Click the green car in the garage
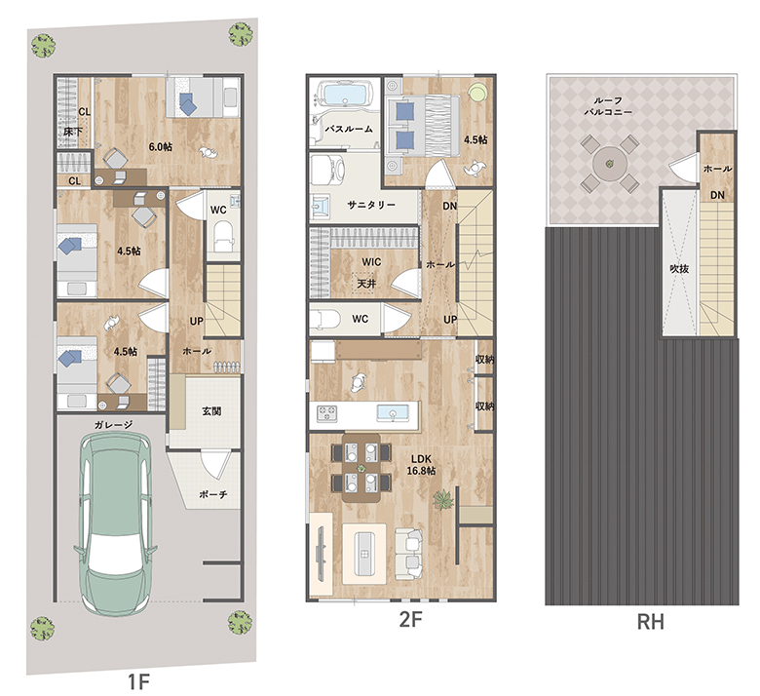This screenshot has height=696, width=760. (115, 522)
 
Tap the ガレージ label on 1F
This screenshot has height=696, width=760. (113, 425)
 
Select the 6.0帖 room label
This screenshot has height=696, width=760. (161, 146)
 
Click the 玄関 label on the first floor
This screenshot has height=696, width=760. (211, 411)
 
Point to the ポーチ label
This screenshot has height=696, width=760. (213, 494)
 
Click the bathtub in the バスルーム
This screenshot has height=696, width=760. (344, 94)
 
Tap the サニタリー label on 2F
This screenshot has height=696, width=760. (371, 205)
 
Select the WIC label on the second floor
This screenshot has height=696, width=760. (371, 262)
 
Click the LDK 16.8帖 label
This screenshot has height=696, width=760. (421, 465)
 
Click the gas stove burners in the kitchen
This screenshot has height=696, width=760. (327, 413)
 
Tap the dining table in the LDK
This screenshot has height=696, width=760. (361, 468)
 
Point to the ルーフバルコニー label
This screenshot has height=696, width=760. (608, 106)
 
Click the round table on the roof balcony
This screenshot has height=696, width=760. (610, 164)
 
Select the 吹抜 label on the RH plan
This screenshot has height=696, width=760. (679, 268)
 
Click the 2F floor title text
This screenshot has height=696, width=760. (410, 619)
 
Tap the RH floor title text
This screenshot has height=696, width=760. (650, 621)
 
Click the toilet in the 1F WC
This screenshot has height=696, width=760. (223, 236)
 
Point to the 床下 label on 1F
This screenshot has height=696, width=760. (72, 132)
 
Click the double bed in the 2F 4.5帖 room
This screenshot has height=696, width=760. (423, 126)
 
